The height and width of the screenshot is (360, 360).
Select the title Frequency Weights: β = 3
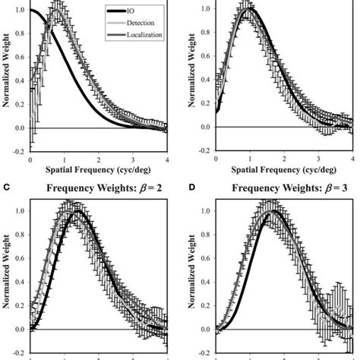(281, 185)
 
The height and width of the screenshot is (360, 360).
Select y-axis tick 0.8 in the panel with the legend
(20, 36)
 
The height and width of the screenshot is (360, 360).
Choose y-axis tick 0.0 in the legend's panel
(20, 128)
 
